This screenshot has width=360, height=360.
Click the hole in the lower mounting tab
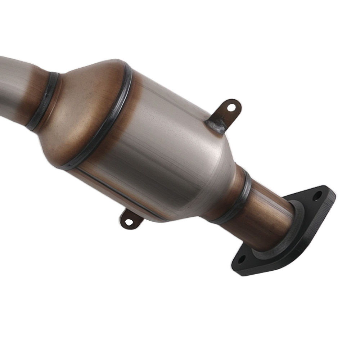pos(129,222)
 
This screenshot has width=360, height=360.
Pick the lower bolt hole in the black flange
pos(242,259)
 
